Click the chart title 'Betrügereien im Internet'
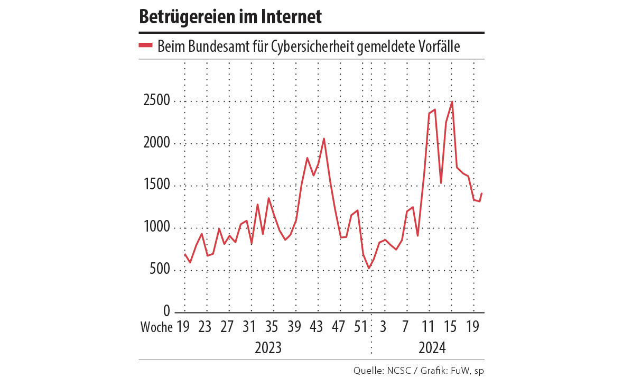tap(230, 17)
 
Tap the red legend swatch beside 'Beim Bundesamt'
tap(145, 46)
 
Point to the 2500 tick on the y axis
tap(156, 102)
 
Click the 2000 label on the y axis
tap(156, 144)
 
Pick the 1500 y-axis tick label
tap(156, 186)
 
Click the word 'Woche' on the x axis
tap(156, 327)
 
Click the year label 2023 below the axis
tap(268, 348)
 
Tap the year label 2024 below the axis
tap(432, 348)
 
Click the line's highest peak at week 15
tap(452, 102)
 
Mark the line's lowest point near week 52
tap(368, 269)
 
